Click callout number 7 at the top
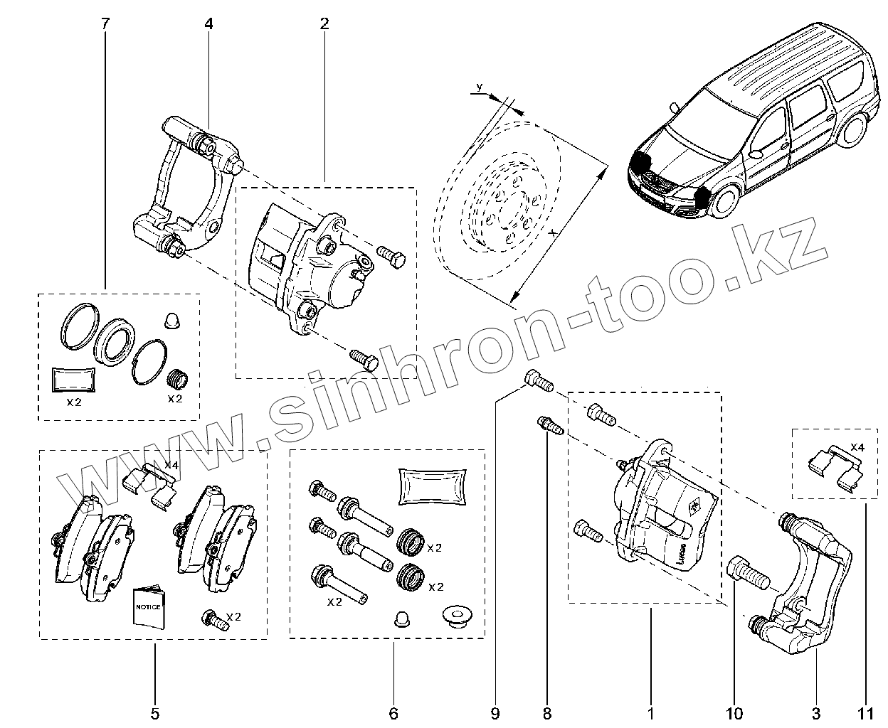click(x=105, y=23)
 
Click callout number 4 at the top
click(x=208, y=23)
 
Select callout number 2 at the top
click(x=324, y=23)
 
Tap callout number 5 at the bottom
click(x=155, y=712)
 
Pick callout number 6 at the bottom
click(x=393, y=712)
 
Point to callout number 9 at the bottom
click(x=495, y=712)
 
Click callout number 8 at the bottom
click(x=546, y=712)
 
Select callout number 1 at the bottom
click(x=650, y=712)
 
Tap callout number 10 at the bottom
click(x=734, y=712)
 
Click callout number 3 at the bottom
click(x=816, y=712)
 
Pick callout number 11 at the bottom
click(x=867, y=712)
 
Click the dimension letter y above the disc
click(x=479, y=87)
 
